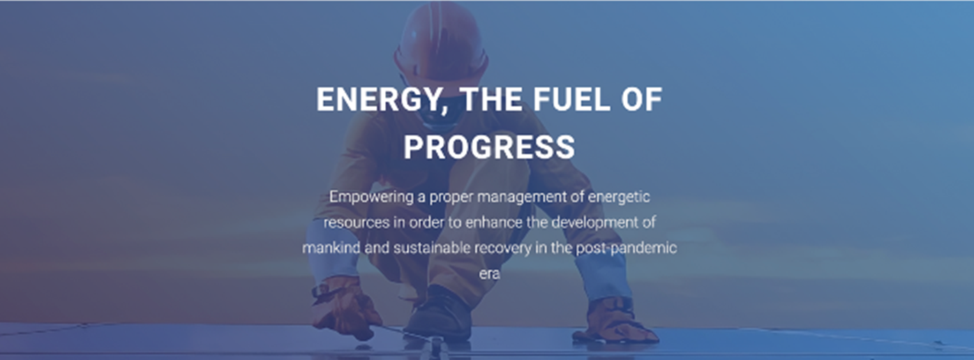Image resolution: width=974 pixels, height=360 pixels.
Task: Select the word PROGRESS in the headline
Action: [489, 147]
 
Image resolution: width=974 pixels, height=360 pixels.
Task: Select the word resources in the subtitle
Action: [357, 223]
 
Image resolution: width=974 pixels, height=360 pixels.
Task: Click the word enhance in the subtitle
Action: [493, 222]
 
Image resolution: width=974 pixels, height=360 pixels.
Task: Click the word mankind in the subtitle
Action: [331, 248]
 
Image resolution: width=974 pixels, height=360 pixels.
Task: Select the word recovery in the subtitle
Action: [502, 248]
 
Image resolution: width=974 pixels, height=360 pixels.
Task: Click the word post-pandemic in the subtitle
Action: [627, 248]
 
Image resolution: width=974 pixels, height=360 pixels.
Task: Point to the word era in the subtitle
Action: [490, 274]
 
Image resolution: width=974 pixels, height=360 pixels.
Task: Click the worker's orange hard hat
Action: [441, 41]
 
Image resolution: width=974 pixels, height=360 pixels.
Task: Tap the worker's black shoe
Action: [439, 313]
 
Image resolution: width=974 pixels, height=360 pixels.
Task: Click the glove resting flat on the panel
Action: [613, 321]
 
